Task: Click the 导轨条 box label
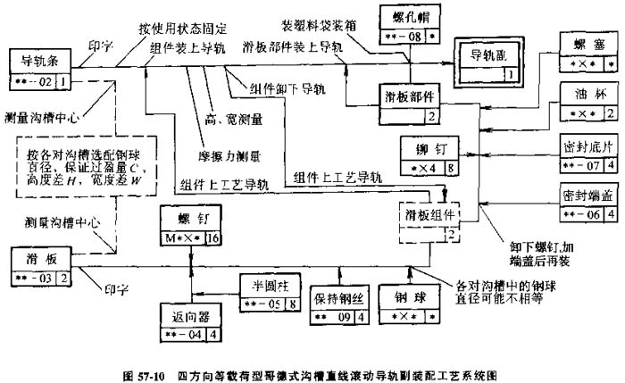click(x=41, y=62)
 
